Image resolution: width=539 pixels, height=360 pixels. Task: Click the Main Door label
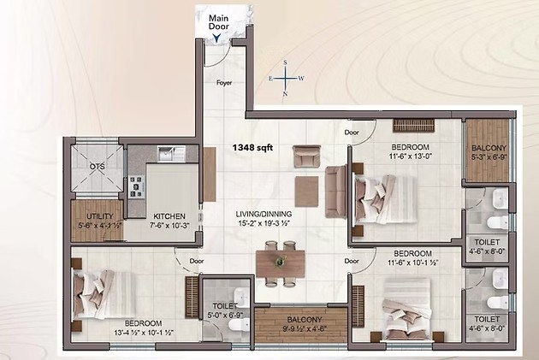tap(219, 22)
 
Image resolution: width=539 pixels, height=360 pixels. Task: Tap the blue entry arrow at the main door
tap(216, 38)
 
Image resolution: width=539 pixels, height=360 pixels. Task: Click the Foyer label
tap(224, 83)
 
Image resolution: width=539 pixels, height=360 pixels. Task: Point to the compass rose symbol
tap(286, 78)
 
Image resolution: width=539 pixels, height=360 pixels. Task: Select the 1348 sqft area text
tap(252, 148)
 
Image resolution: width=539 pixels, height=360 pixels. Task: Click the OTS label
tap(98, 167)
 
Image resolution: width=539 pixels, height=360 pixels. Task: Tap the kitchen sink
tap(171, 154)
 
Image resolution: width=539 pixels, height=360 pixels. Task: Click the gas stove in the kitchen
tap(137, 186)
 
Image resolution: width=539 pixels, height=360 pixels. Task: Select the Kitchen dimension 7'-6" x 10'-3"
tap(169, 226)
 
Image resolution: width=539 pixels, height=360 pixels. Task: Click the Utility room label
tap(100, 216)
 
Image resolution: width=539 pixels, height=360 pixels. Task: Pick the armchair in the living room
tap(307, 156)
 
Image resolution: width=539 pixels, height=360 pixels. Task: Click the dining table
tap(281, 263)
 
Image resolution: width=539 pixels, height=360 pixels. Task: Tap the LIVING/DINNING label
tap(264, 214)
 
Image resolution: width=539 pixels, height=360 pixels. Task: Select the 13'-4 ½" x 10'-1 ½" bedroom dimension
tap(143, 333)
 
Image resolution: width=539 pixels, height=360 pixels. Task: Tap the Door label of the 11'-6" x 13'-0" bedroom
tap(352, 133)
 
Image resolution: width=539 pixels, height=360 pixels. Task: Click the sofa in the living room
tap(336, 192)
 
